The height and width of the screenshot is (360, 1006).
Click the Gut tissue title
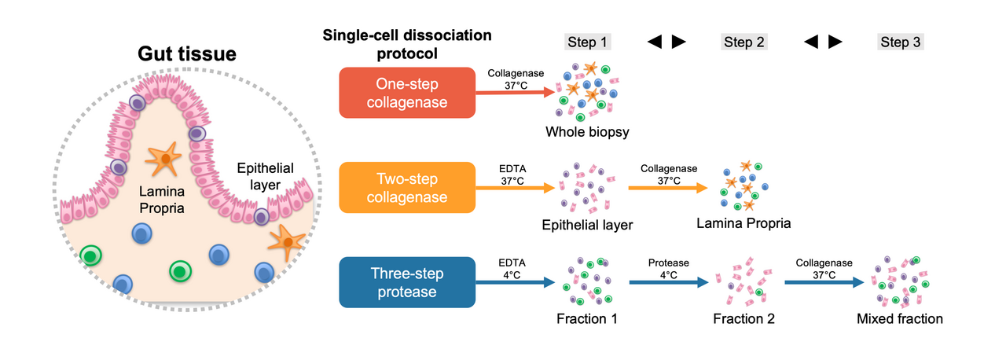pyautogui.click(x=187, y=53)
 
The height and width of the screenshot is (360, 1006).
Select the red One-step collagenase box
pyautogui.click(x=407, y=92)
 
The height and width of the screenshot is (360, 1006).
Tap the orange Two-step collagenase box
pyautogui.click(x=407, y=187)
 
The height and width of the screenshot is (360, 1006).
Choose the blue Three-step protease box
pyautogui.click(x=407, y=281)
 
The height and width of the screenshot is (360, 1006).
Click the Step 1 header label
pyautogui.click(x=587, y=42)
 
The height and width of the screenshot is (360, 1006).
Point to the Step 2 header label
pyautogui.click(x=743, y=42)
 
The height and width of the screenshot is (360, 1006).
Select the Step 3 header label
pyautogui.click(x=900, y=42)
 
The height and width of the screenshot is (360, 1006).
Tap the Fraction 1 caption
pyautogui.click(x=586, y=319)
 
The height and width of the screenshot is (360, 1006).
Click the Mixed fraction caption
pyautogui.click(x=900, y=319)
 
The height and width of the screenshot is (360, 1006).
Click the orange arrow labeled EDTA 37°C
pyautogui.click(x=515, y=188)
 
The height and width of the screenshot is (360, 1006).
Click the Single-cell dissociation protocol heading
pyautogui.click(x=406, y=45)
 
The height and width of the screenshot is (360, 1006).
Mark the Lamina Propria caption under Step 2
pyautogui.click(x=743, y=224)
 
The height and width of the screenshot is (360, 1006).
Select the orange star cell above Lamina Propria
pyautogui.click(x=164, y=160)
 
